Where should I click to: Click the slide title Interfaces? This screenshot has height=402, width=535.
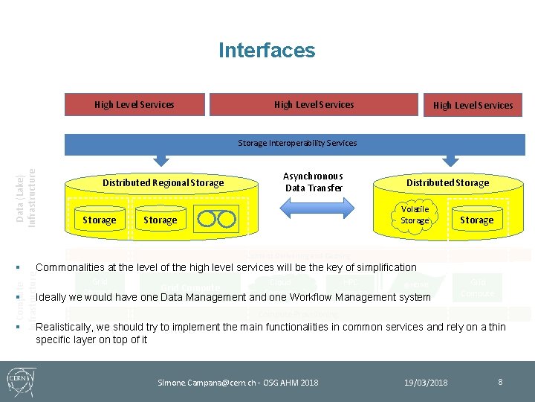tap(267, 51)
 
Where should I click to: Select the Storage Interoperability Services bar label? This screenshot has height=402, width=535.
tap(297, 143)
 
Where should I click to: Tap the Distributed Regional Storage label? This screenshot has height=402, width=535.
tap(163, 183)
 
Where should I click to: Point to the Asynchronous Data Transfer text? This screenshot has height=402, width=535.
tap(313, 182)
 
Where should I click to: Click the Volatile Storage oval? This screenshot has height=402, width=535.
tap(415, 215)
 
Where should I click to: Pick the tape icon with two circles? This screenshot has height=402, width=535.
tap(216, 219)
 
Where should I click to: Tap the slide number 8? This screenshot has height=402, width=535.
tap(500, 382)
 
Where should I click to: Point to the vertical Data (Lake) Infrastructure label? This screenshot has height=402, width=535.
tap(27, 197)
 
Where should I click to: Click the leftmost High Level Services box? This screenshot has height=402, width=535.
tap(134, 105)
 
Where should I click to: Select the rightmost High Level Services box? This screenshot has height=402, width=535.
tap(473, 106)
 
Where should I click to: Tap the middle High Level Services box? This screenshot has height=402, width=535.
tap(314, 105)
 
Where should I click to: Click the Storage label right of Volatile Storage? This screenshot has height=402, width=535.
tap(476, 220)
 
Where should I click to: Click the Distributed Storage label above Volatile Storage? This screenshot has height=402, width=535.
tap(447, 183)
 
